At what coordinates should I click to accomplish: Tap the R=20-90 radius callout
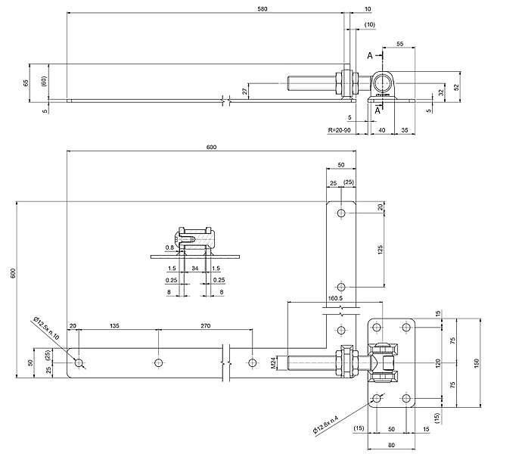[340, 131]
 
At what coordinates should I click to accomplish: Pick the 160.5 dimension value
[337, 297]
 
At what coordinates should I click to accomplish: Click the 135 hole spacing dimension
[114, 327]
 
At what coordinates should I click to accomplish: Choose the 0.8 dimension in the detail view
[170, 247]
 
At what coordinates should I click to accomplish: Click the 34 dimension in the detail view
[195, 268]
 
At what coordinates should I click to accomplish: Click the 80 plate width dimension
[390, 444]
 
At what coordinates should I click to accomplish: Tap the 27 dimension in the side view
[244, 91]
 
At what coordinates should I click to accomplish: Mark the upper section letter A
[371, 55]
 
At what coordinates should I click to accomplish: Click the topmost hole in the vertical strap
[342, 213]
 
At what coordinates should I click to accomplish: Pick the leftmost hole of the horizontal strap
[79, 363]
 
